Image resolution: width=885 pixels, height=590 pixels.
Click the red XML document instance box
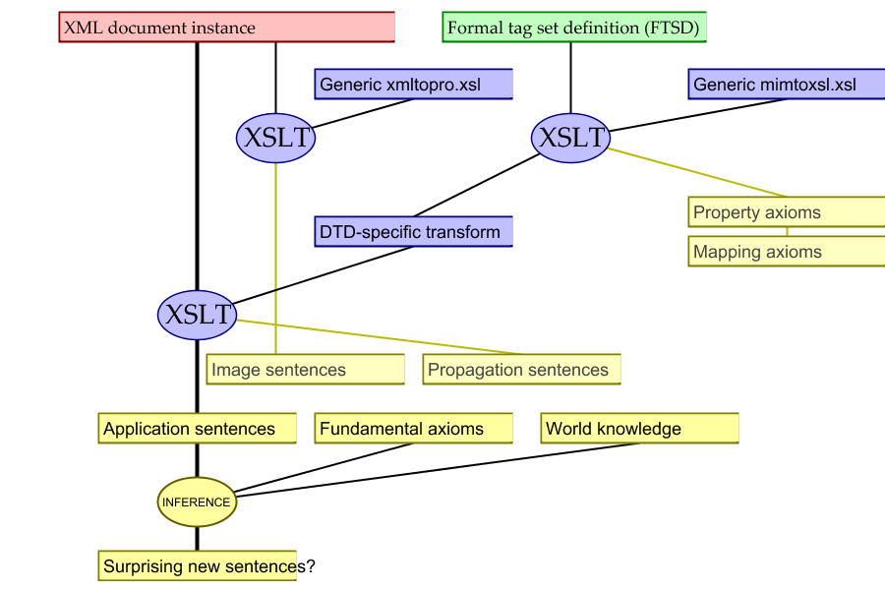point(227,28)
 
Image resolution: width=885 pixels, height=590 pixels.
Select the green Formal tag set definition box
point(574,28)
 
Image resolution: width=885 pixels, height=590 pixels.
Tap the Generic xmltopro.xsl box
point(414,84)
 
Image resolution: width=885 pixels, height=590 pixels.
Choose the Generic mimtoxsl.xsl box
point(786,84)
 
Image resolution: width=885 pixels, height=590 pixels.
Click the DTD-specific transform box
point(414,232)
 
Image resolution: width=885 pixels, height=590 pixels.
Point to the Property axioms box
point(786,212)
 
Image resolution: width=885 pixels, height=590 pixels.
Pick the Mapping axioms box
point(786,252)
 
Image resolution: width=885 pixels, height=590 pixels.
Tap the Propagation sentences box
point(522,370)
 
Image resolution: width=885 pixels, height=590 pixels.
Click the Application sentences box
point(198,429)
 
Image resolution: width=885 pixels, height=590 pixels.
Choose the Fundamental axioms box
point(414,429)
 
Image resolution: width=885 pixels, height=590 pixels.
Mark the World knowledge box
point(640,429)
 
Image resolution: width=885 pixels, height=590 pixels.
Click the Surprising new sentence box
point(198,566)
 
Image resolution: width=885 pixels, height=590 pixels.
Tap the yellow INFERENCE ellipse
point(197,502)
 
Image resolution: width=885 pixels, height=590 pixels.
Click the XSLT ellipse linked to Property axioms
point(570,138)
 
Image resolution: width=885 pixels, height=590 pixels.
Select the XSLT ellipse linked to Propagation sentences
point(197,315)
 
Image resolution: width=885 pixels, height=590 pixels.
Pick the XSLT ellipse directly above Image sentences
point(275,138)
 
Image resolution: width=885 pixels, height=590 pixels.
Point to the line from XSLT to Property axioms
point(698,173)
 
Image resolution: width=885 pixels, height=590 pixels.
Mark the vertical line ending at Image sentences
point(275,236)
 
